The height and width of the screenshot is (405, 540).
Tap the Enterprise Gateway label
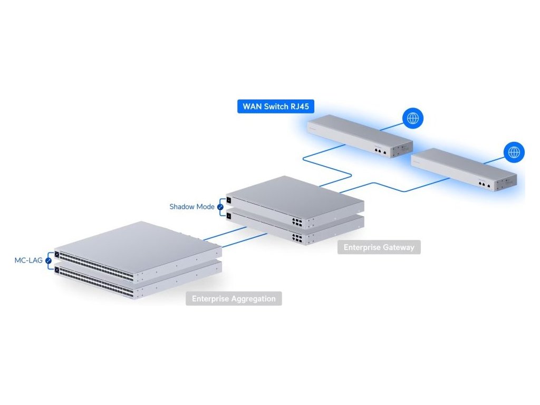pos(379,247)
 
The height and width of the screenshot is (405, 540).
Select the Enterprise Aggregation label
pos(234,298)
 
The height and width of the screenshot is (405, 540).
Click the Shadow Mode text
pos(192,207)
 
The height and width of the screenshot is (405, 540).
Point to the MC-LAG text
pos(29,261)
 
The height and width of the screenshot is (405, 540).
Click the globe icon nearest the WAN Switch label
pos(412,119)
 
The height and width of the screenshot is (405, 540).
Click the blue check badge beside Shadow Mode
pos(220,207)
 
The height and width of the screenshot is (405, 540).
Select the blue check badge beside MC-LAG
pos(49,261)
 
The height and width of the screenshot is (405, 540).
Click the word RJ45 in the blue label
pos(298,107)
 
